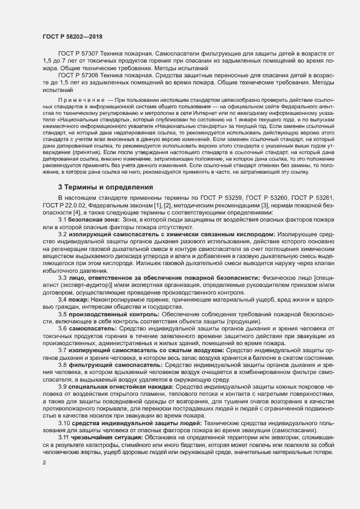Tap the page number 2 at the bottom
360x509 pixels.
click(44, 463)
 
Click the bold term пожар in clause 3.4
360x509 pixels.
click(80, 299)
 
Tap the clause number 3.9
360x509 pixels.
click(63, 386)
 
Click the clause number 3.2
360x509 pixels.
click(63, 234)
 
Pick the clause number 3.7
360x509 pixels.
click(63, 350)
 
